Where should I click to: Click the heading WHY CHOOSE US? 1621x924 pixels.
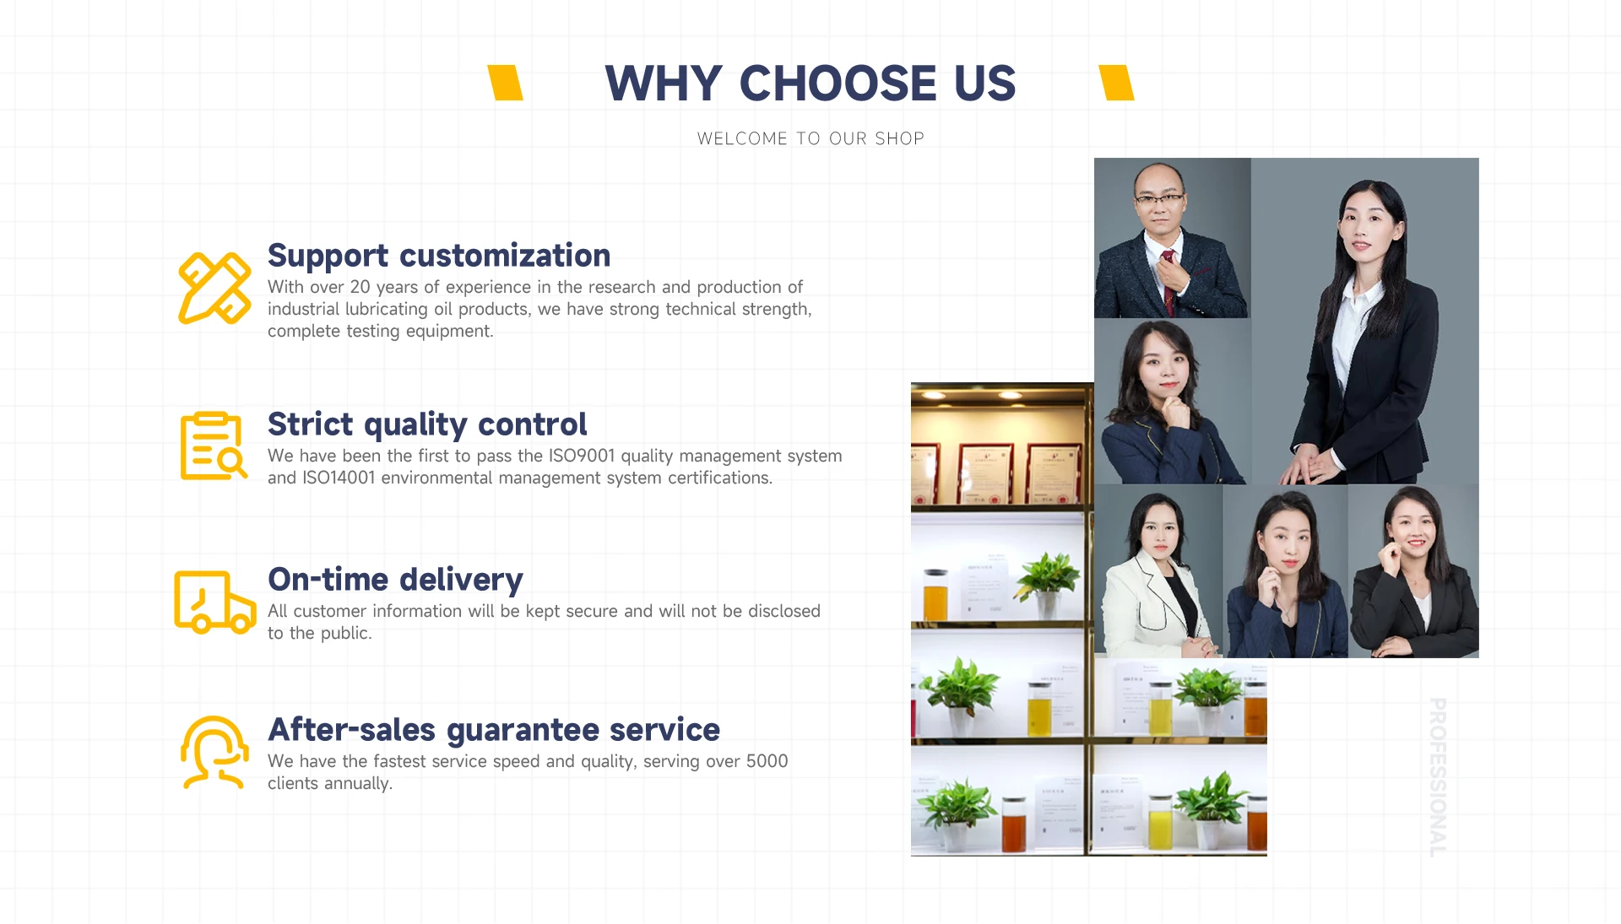pyautogui.click(x=810, y=83)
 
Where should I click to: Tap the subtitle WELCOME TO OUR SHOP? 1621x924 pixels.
pyautogui.click(x=810, y=138)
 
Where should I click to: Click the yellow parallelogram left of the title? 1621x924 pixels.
pyautogui.click(x=506, y=83)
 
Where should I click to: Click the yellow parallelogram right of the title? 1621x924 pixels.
pyautogui.click(x=1116, y=83)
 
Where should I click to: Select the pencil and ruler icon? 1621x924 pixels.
pyautogui.click(x=214, y=289)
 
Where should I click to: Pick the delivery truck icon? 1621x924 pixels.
pyautogui.click(x=214, y=602)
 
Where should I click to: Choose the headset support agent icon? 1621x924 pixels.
pyautogui.click(x=214, y=753)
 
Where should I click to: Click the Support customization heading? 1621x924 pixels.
pyautogui.click(x=439, y=256)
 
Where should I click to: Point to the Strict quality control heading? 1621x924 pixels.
pyautogui.click(x=427, y=424)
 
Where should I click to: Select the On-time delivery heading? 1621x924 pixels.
pyautogui.click(x=395, y=580)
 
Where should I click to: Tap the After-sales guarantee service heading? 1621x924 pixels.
pyautogui.click(x=494, y=730)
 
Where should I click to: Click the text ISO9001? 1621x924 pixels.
pyautogui.click(x=582, y=456)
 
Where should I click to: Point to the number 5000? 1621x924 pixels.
pyautogui.click(x=767, y=761)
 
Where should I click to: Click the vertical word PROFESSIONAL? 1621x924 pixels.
pyautogui.click(x=1438, y=777)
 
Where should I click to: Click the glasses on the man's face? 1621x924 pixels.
pyautogui.click(x=1159, y=200)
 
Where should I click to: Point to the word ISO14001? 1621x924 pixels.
pyautogui.click(x=339, y=478)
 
